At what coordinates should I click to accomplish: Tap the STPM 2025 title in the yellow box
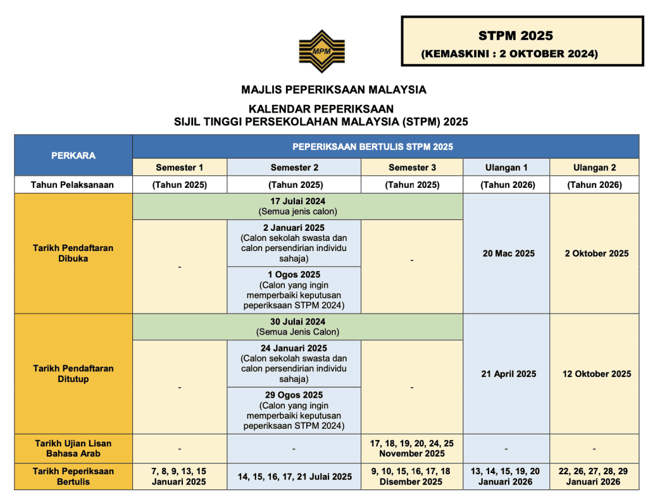515,35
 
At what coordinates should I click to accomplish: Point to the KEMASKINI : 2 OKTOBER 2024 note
509,54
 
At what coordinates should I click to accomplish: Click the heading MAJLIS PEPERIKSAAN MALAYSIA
333,90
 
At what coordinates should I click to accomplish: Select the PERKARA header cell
73,155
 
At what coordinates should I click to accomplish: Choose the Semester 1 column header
180,168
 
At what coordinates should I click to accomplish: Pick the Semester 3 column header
412,168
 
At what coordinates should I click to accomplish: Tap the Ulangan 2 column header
594,168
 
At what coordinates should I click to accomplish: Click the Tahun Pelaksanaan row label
73,185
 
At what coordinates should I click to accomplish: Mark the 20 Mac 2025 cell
508,254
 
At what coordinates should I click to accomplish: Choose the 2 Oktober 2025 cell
597,254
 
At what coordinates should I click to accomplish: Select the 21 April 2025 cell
508,374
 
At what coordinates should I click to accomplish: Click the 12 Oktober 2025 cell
597,374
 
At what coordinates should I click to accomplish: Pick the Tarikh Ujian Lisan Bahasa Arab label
73,448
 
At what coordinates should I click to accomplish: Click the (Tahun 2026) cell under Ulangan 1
507,185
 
